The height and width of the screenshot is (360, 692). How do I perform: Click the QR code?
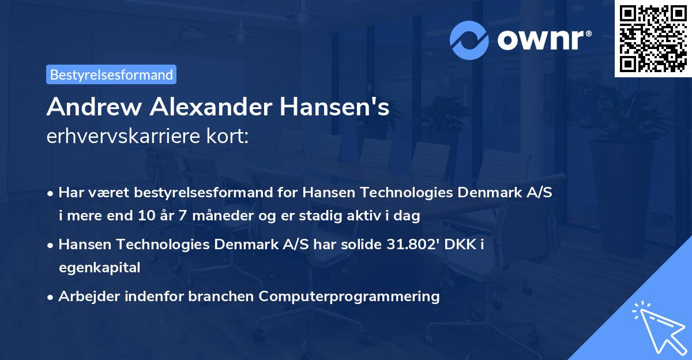tap(653, 38)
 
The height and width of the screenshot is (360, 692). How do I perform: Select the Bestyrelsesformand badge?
tap(111, 74)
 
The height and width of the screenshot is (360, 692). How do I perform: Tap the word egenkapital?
tap(99, 268)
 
